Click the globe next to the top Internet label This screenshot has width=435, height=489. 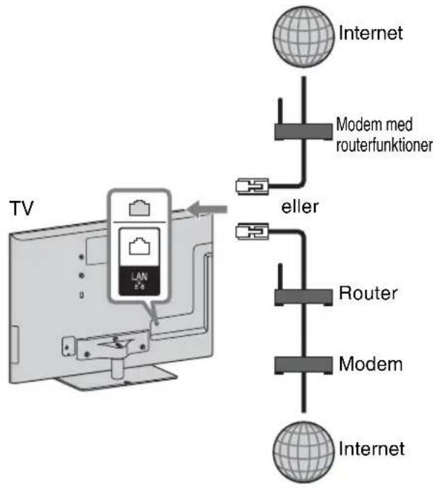[x=303, y=36]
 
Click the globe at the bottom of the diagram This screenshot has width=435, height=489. [x=303, y=452]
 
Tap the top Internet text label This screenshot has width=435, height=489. [x=371, y=33]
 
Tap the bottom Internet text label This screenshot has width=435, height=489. [x=371, y=448]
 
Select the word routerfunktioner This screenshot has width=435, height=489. [x=384, y=145]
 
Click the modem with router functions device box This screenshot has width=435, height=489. [x=303, y=132]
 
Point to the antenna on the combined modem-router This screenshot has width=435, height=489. [x=280, y=111]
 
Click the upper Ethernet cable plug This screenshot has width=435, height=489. [x=252, y=186]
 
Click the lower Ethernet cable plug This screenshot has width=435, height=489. [x=252, y=231]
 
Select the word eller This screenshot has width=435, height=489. [x=300, y=206]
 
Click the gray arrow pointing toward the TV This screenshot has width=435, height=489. [x=207, y=209]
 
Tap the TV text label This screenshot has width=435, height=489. [x=21, y=208]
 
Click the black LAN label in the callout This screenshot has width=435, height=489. [x=140, y=281]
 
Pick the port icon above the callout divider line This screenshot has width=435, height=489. [x=140, y=208]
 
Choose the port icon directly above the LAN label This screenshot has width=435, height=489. [x=140, y=247]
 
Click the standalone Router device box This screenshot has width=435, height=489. [x=303, y=297]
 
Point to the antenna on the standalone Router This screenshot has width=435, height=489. [x=280, y=276]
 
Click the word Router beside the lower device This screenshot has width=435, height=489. [x=368, y=293]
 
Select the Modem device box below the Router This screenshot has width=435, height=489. [x=303, y=365]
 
